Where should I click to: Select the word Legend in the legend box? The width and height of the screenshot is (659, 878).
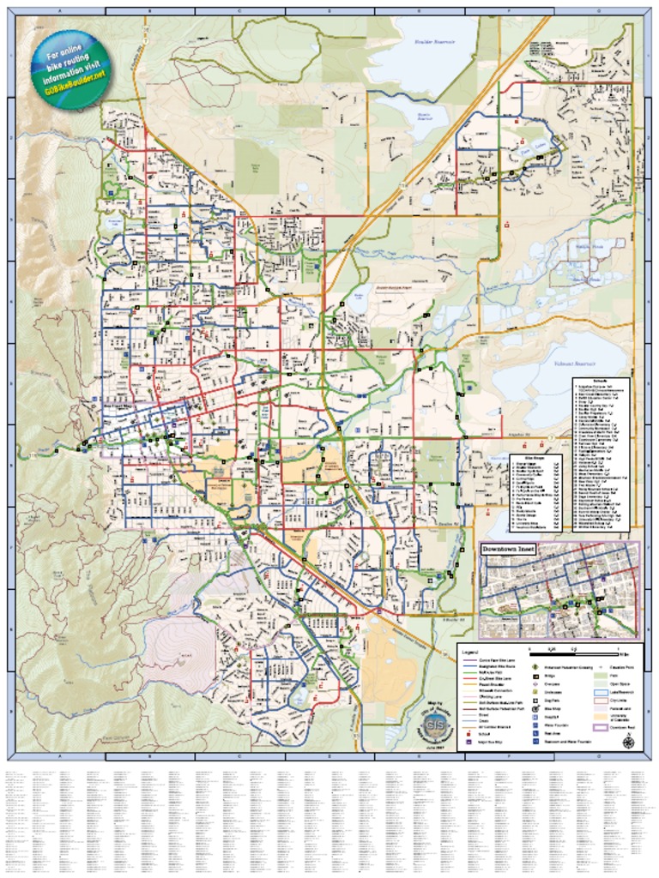pyautogui.click(x=470, y=652)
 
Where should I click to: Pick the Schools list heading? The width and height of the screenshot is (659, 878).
pyautogui.click(x=599, y=380)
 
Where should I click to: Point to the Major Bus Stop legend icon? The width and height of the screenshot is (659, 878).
pyautogui.click(x=469, y=743)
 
